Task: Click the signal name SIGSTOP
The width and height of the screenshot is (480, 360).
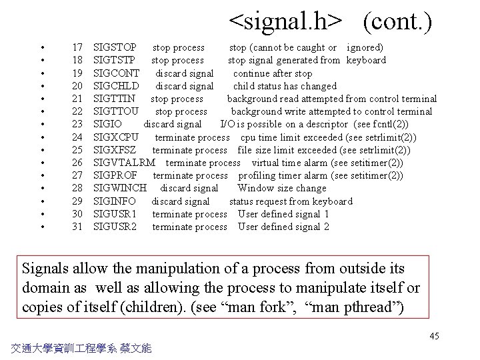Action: pos(115,47)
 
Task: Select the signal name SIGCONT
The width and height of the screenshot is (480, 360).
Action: pos(117,73)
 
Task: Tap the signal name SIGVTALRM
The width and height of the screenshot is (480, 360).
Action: pos(124,163)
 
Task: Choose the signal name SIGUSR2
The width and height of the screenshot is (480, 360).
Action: pos(115,227)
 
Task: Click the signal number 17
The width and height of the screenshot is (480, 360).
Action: pos(77,47)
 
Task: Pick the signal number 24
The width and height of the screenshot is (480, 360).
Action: pos(77,137)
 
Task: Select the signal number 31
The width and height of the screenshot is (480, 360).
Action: pos(77,227)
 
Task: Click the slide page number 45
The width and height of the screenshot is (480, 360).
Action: pos(434,336)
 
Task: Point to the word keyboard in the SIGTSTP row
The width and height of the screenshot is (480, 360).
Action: pos(365,60)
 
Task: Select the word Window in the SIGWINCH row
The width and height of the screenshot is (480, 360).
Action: pos(254,188)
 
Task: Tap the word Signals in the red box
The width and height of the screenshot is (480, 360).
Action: pos(48,269)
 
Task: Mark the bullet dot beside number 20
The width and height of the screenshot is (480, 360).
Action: pos(42,86)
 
